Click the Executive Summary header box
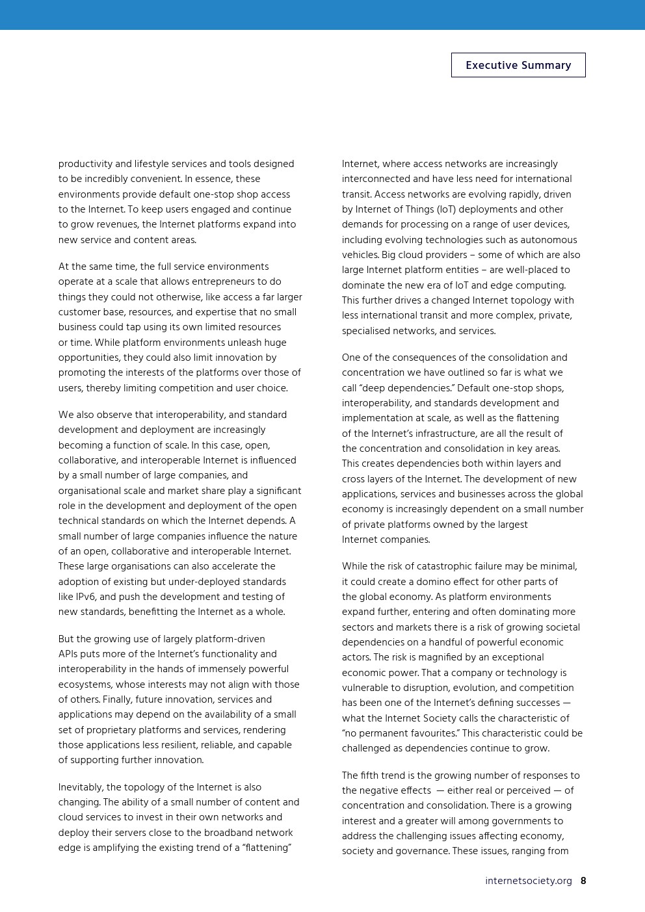click(x=518, y=65)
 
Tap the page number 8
click(x=583, y=881)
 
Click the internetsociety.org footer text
click(x=528, y=881)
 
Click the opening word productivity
click(x=85, y=164)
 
